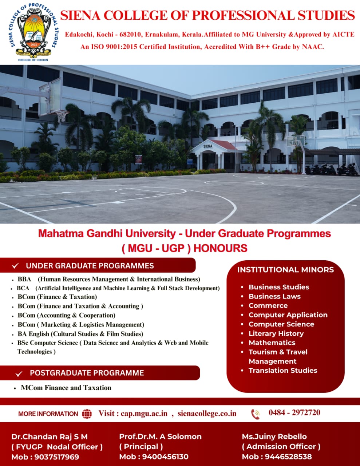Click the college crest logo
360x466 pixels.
(x=33, y=32)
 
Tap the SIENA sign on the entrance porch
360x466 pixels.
(x=207, y=146)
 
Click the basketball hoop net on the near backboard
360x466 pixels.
(x=62, y=116)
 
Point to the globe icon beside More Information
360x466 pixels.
(x=87, y=414)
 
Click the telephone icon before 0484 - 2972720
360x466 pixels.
(x=256, y=414)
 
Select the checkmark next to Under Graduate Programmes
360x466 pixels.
(x=15, y=266)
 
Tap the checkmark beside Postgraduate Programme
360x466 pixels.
(x=19, y=374)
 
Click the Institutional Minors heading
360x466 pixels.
(x=285, y=269)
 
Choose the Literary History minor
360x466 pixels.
(x=276, y=333)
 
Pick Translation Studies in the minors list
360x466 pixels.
(x=283, y=370)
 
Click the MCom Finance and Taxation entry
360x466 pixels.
(x=66, y=388)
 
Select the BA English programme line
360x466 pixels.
(x=80, y=334)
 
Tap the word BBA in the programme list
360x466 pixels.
(x=24, y=279)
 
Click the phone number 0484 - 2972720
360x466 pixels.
(x=294, y=412)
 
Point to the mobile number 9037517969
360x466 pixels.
(x=57, y=457)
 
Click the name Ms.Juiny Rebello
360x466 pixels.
(x=274, y=437)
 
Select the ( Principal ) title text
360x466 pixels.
(x=141, y=446)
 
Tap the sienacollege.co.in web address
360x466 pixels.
(x=207, y=414)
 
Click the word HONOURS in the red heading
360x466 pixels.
(x=221, y=248)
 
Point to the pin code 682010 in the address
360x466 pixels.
(x=130, y=34)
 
